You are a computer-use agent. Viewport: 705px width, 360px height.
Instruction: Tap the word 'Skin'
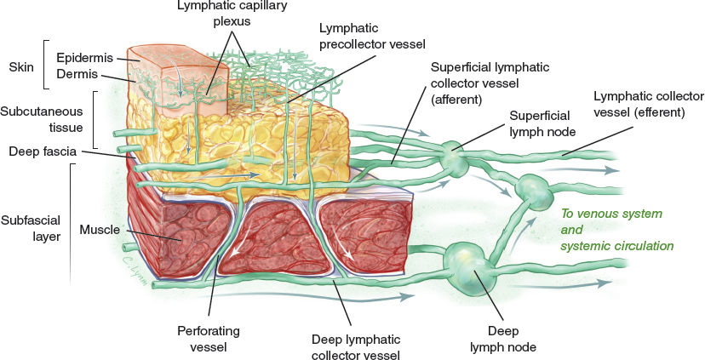(x=20, y=66)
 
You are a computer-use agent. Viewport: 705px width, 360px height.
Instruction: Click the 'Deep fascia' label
(x=42, y=151)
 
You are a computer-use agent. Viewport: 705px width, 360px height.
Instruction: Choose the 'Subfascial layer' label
(x=30, y=228)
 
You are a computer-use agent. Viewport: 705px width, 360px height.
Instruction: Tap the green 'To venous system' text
(x=610, y=213)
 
